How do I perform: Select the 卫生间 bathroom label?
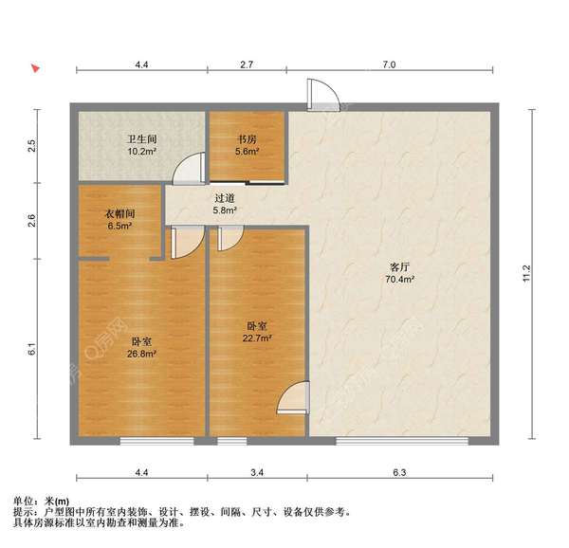point(141,137)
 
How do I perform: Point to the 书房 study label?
point(248,137)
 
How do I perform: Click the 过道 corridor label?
point(225,198)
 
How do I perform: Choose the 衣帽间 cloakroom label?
point(119,213)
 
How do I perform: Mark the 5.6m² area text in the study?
point(248,150)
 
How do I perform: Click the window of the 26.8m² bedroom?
point(157,442)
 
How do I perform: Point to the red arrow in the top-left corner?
point(33,69)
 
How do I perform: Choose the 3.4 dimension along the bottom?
point(257,470)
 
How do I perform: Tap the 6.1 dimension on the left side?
point(32,349)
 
